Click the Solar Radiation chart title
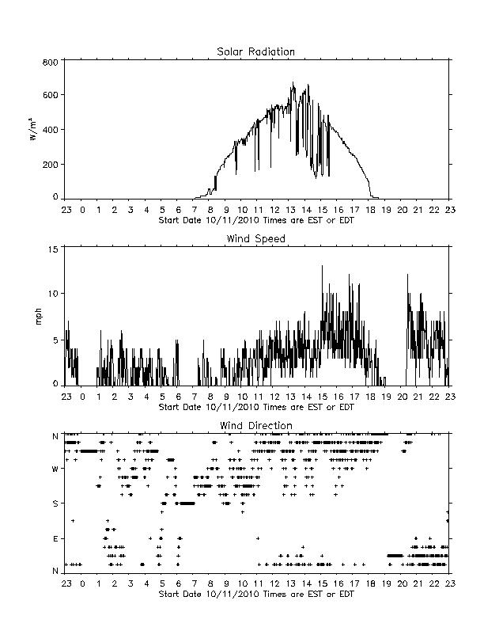(255, 51)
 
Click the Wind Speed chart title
(255, 239)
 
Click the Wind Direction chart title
(256, 425)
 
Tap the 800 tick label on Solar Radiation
(51, 62)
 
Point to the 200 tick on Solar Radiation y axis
(51, 165)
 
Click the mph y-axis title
(38, 317)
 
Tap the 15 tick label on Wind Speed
(54, 249)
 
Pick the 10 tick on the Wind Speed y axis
(54, 294)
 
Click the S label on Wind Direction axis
(55, 503)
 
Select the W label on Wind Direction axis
(55, 469)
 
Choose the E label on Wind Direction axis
(55, 538)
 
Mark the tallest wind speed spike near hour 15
(322, 265)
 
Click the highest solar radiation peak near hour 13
(293, 83)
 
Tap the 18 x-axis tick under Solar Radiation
(370, 210)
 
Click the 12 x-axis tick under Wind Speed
(274, 397)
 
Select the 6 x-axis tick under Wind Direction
(179, 583)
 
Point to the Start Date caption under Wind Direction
(256, 594)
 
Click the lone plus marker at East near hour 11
(258, 538)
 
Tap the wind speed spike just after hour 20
(407, 275)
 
